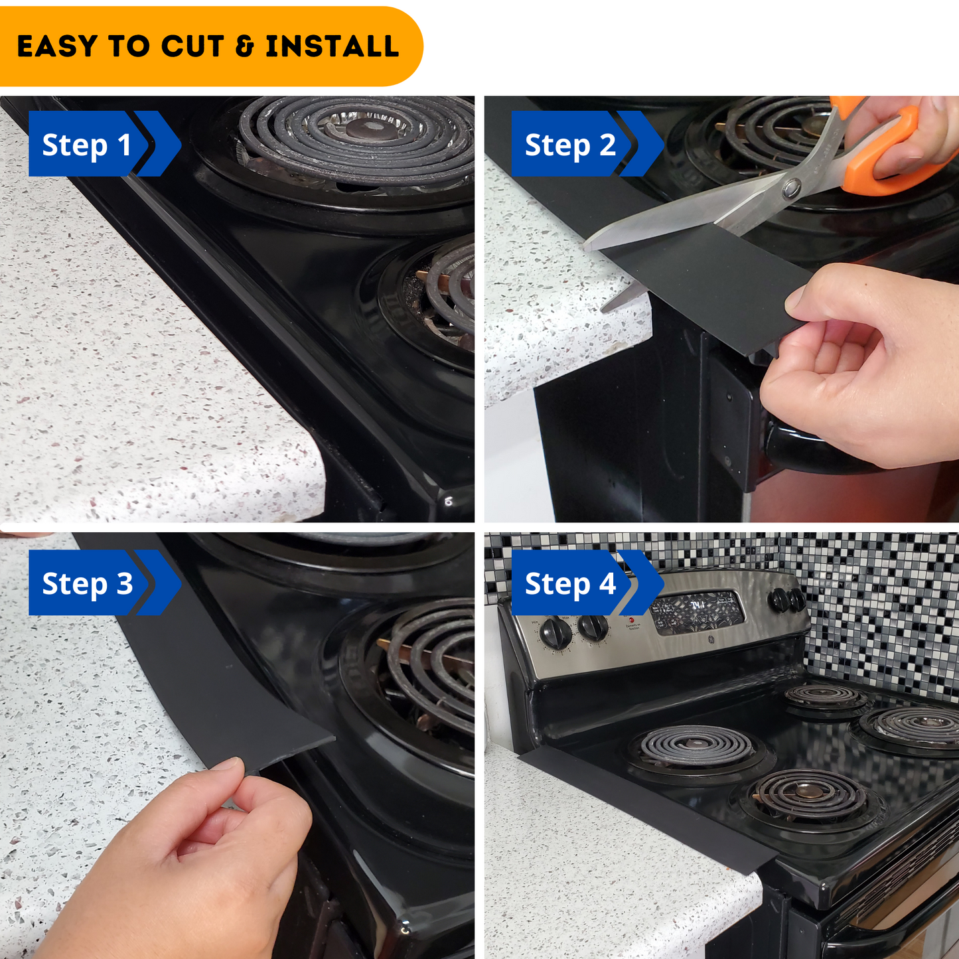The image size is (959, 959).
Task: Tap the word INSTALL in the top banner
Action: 332,46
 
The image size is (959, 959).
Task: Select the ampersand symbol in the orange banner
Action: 245,46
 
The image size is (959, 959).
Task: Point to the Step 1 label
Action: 86,145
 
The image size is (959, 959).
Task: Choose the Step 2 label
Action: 569,145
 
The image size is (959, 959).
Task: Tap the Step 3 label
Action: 87,583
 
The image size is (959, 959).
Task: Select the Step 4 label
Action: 569,583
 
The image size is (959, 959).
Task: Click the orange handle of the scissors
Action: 889,153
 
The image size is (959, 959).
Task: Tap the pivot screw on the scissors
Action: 791,189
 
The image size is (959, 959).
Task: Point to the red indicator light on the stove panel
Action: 631,621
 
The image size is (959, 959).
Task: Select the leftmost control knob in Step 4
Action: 555,633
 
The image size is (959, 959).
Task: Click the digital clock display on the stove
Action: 697,610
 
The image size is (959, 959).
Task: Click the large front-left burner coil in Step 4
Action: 696,746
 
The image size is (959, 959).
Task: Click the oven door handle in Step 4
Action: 889,929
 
